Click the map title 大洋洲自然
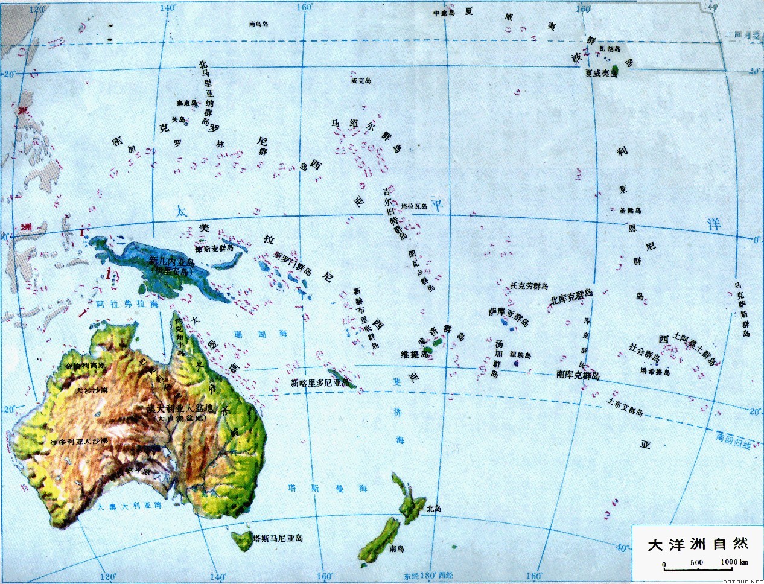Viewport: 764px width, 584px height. pyautogui.click(x=698, y=544)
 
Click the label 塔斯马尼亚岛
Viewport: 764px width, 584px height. pyautogui.click(x=278, y=538)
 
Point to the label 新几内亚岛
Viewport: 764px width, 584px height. pyautogui.click(x=173, y=261)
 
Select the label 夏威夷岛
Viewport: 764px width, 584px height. pyautogui.click(x=602, y=72)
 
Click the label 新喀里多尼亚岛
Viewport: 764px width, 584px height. pyautogui.click(x=320, y=382)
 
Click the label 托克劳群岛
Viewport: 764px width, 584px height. pyautogui.click(x=529, y=285)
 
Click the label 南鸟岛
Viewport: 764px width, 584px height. pyautogui.click(x=261, y=25)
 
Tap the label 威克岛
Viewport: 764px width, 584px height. pyautogui.click(x=361, y=80)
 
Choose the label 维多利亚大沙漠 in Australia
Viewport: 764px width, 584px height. pyautogui.click(x=79, y=442)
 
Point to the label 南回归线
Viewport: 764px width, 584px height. pyautogui.click(x=733, y=440)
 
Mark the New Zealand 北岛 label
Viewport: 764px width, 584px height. pyautogui.click(x=433, y=509)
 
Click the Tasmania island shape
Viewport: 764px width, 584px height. pyautogui.click(x=241, y=539)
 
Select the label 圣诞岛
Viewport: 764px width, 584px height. pyautogui.click(x=630, y=210)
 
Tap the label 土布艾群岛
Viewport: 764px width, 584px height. pyautogui.click(x=625, y=408)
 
